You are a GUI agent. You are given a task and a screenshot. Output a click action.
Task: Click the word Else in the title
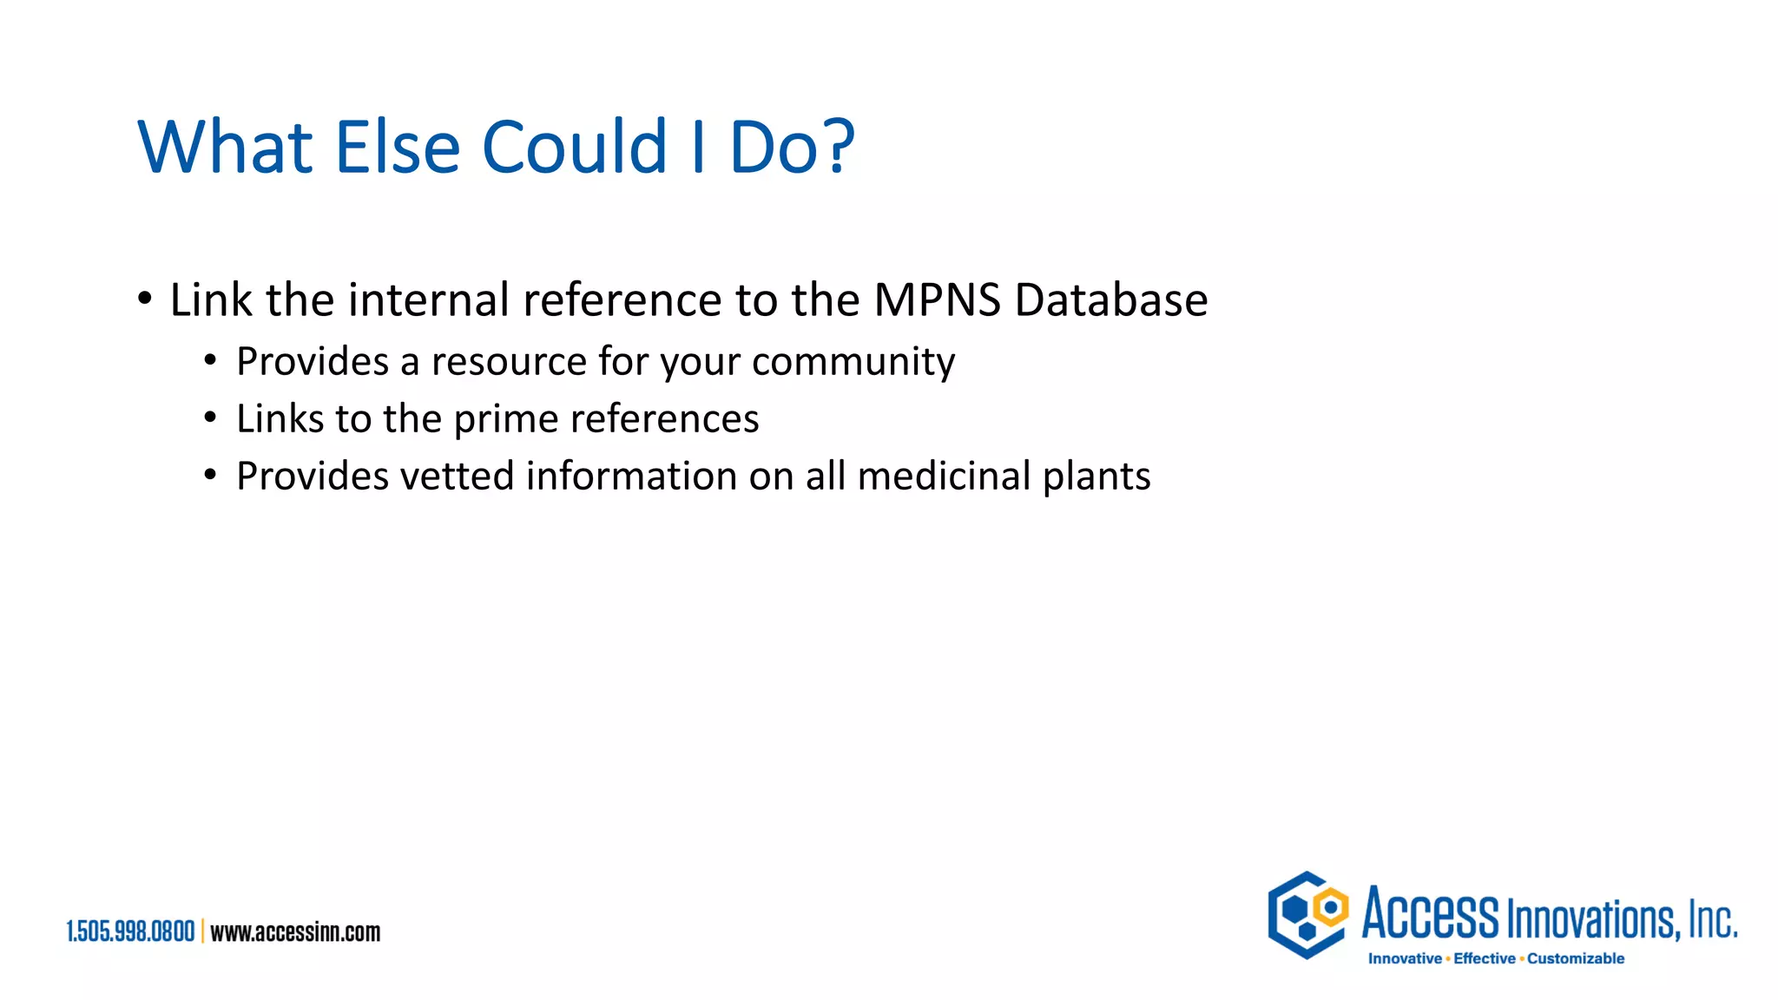[397, 147]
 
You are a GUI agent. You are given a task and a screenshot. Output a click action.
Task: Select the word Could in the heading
[574, 147]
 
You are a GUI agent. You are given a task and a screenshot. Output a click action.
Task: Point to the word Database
[1110, 300]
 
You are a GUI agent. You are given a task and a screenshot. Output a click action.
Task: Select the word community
[853, 362]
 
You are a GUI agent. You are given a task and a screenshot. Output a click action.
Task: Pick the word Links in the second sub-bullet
[280, 419]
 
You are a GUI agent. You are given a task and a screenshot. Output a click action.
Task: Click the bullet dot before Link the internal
[145, 299]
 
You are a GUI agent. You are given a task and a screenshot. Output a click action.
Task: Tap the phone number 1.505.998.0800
[131, 932]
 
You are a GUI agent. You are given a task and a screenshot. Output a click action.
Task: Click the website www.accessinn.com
[295, 932]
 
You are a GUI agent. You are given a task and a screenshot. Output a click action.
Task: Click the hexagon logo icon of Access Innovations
[1307, 915]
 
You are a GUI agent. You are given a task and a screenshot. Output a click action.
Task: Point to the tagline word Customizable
[1575, 958]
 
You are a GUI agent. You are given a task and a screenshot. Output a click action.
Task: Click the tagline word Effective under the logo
[1484, 958]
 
